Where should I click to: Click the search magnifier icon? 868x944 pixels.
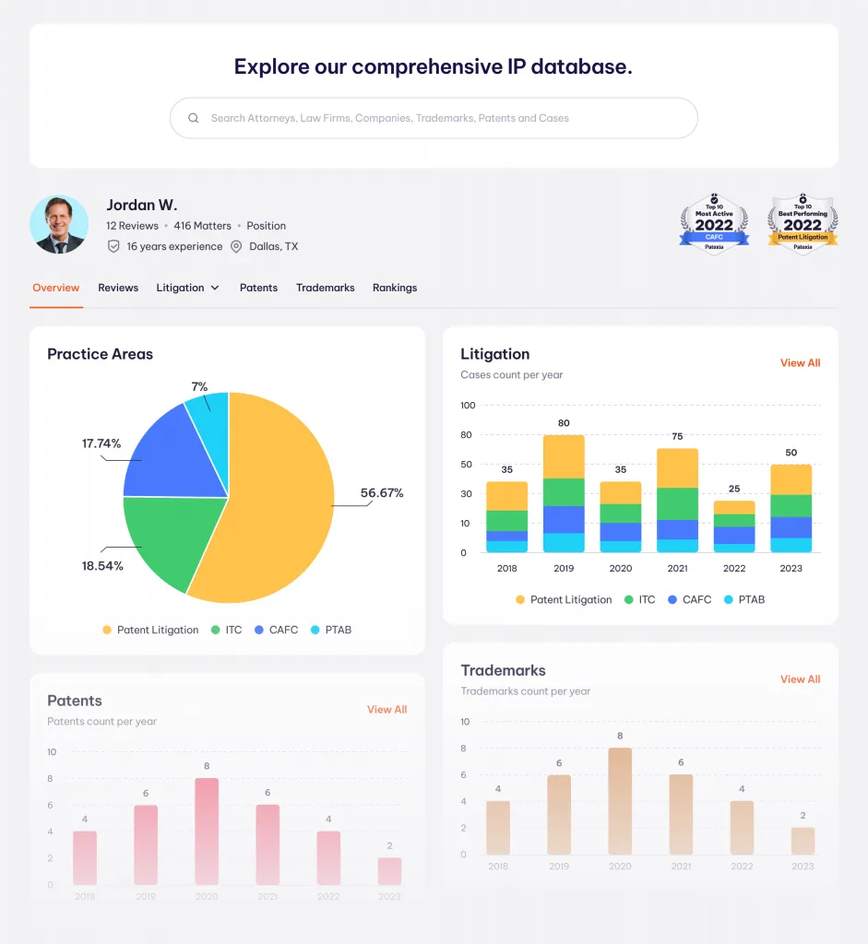coord(194,118)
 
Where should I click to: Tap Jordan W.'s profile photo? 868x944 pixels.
coord(59,224)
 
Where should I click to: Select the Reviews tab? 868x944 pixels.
coord(118,288)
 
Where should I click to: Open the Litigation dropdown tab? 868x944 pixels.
coord(187,288)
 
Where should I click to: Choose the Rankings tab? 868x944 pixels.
coord(395,288)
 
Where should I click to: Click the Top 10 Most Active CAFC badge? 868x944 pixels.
coord(714,224)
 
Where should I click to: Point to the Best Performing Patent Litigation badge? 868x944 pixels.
coord(803,224)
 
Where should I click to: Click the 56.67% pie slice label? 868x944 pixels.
coord(382,493)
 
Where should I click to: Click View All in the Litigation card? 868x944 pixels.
coord(800,363)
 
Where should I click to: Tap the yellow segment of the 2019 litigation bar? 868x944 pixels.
coord(564,456)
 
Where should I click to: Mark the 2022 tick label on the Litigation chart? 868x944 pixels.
coord(734,569)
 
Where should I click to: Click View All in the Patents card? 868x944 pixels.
coord(386,710)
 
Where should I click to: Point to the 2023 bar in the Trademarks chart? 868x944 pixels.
coord(803,841)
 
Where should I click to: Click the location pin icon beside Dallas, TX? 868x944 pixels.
coord(236,247)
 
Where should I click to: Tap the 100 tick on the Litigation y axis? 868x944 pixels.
coord(468,406)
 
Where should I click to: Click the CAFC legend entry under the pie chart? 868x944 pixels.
coord(276,630)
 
